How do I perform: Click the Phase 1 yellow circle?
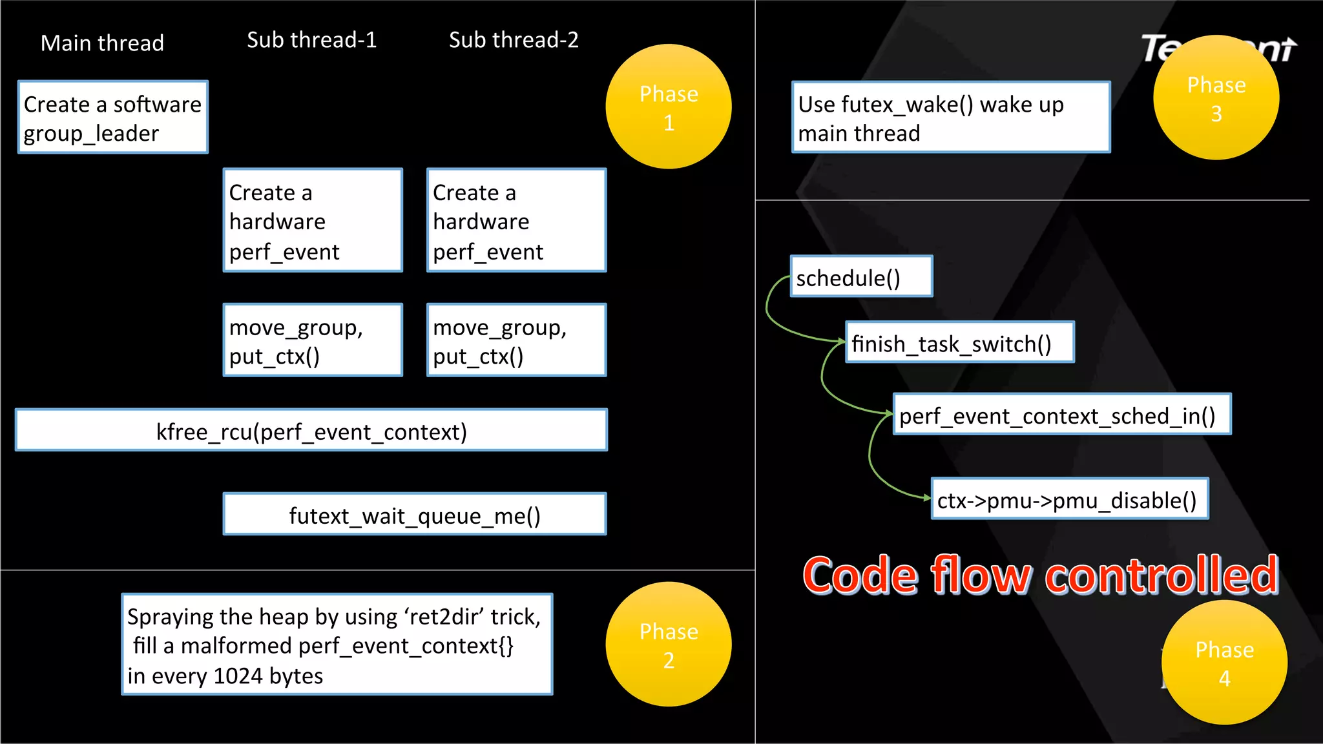coord(669,107)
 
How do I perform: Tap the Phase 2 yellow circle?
coord(669,645)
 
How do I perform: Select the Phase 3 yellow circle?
coord(1216,98)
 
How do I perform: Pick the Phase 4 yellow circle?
coord(1224,663)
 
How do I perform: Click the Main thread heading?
coord(102,43)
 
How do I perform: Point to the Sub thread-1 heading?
coord(311,40)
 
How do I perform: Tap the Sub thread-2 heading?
coord(514,40)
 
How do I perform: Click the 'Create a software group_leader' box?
coord(113,118)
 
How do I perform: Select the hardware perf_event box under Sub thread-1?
coord(313,221)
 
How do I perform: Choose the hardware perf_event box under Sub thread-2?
coord(516,221)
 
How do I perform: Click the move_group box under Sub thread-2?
coord(516,340)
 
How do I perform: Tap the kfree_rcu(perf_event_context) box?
coord(311,431)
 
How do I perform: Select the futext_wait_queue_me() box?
coord(415,515)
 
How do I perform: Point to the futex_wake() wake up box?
coord(950,118)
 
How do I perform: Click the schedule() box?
coord(861,277)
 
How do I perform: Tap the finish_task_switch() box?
coord(960,343)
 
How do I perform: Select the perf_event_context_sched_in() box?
coord(1062,415)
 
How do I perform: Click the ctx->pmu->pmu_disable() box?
coord(1070,499)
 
